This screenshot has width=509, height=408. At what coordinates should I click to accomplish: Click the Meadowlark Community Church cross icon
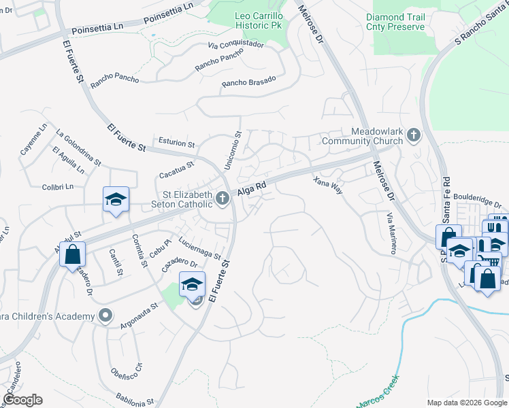click(412, 136)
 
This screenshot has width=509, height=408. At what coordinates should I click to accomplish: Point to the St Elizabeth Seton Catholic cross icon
click(222, 199)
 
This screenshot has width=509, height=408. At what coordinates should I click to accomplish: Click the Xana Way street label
click(327, 186)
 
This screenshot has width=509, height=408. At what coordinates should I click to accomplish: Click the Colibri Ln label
click(57, 186)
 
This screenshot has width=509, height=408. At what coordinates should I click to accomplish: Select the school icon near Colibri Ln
click(116, 200)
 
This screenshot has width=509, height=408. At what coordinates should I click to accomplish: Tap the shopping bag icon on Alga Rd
click(73, 255)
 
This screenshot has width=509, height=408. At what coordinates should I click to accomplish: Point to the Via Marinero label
click(391, 233)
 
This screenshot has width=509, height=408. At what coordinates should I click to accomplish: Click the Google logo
click(22, 400)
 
